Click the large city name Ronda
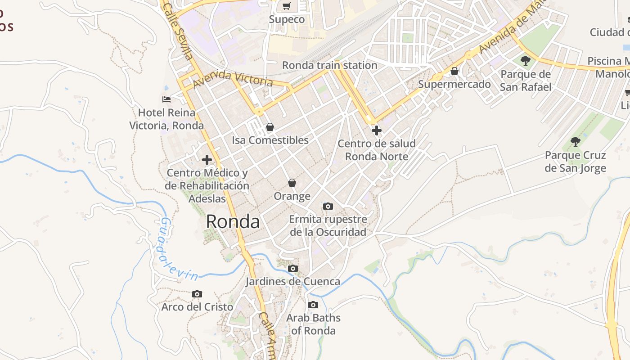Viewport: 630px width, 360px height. (x=233, y=222)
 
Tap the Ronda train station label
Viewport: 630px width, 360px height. (x=329, y=65)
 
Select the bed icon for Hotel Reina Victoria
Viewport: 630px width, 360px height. (x=166, y=99)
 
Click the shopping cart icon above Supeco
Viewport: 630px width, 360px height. (x=287, y=6)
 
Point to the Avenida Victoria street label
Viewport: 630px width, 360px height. (x=233, y=78)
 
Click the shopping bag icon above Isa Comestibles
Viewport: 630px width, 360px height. (x=270, y=127)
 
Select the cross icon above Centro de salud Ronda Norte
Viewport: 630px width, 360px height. (x=377, y=130)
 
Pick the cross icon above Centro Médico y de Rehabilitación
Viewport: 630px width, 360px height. (x=207, y=160)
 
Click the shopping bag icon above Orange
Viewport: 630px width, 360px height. (x=292, y=183)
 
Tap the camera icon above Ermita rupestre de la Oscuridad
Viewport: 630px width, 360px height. (x=328, y=206)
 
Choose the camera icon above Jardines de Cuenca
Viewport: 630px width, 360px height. (x=293, y=269)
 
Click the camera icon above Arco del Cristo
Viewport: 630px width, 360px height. (x=197, y=294)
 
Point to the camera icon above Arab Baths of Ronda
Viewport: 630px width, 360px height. (x=313, y=305)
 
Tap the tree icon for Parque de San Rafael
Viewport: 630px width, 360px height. (x=525, y=61)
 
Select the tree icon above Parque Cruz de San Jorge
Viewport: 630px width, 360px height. (x=576, y=142)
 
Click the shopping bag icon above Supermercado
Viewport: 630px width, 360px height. (x=454, y=71)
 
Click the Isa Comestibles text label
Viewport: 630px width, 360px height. (x=270, y=140)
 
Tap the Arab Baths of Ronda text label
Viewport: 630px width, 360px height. (x=313, y=324)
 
